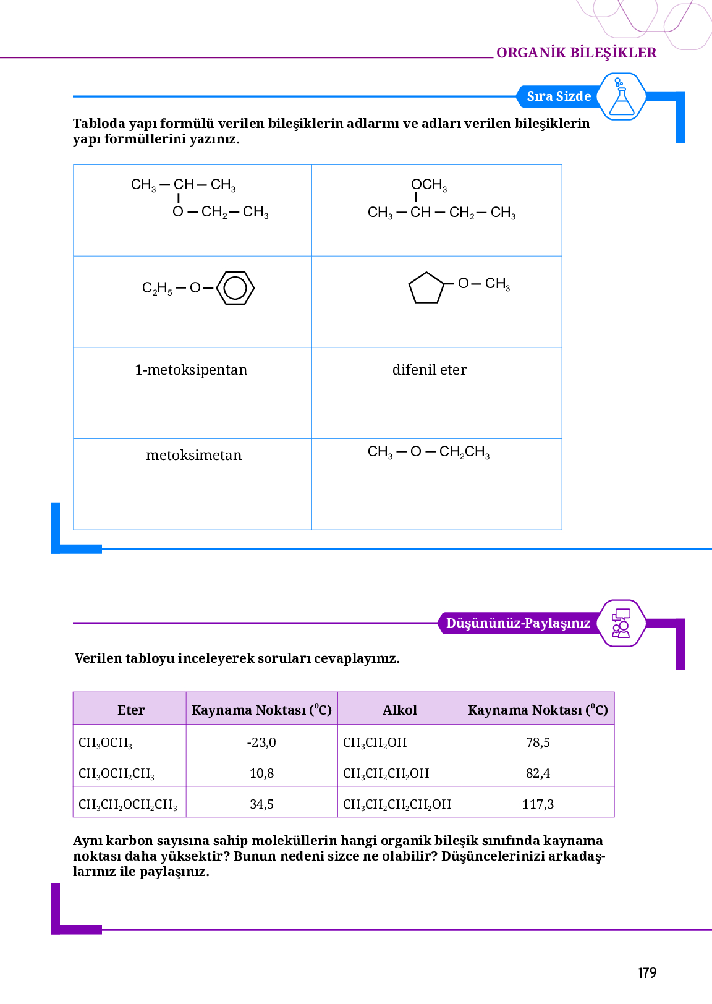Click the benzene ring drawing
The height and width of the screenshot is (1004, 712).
[x=235, y=288]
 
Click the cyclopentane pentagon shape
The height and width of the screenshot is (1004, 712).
[x=426, y=288]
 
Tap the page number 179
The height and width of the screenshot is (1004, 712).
[x=646, y=973]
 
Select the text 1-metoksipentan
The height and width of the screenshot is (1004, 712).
[x=191, y=370]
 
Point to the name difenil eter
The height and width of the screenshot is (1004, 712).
[x=430, y=370]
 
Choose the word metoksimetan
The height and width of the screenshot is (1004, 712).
[x=193, y=456]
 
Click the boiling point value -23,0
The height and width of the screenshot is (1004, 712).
[x=261, y=742]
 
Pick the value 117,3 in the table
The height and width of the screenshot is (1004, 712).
[x=538, y=804]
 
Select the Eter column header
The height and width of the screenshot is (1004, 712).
[x=131, y=710]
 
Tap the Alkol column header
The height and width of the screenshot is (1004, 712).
[x=400, y=710]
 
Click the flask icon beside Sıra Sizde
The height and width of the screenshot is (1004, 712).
[x=622, y=97]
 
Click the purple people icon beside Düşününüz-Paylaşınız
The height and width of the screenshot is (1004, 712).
[x=621, y=623]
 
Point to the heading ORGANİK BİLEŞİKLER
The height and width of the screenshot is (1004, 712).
[x=576, y=53]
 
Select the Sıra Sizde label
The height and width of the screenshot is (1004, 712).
[x=559, y=96]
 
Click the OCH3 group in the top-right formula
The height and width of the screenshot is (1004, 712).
[x=429, y=185]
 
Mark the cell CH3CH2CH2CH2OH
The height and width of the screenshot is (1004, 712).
[x=397, y=804]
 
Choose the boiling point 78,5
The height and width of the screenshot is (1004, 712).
[x=538, y=742]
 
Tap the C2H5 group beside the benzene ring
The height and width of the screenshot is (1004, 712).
[x=157, y=288]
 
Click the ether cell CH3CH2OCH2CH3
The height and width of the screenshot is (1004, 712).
[x=128, y=804]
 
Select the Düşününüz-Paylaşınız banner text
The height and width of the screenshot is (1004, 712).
[x=518, y=623]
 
